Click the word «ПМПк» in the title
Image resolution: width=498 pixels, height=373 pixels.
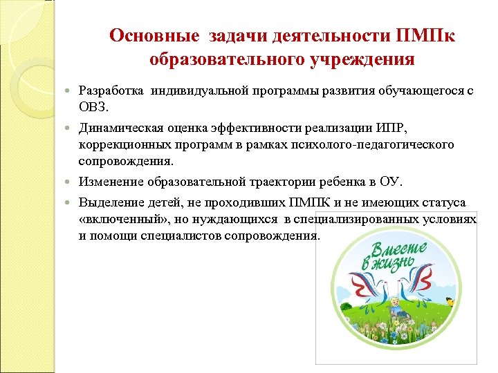(425, 36)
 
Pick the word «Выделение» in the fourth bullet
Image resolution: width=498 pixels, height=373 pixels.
(109, 202)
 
